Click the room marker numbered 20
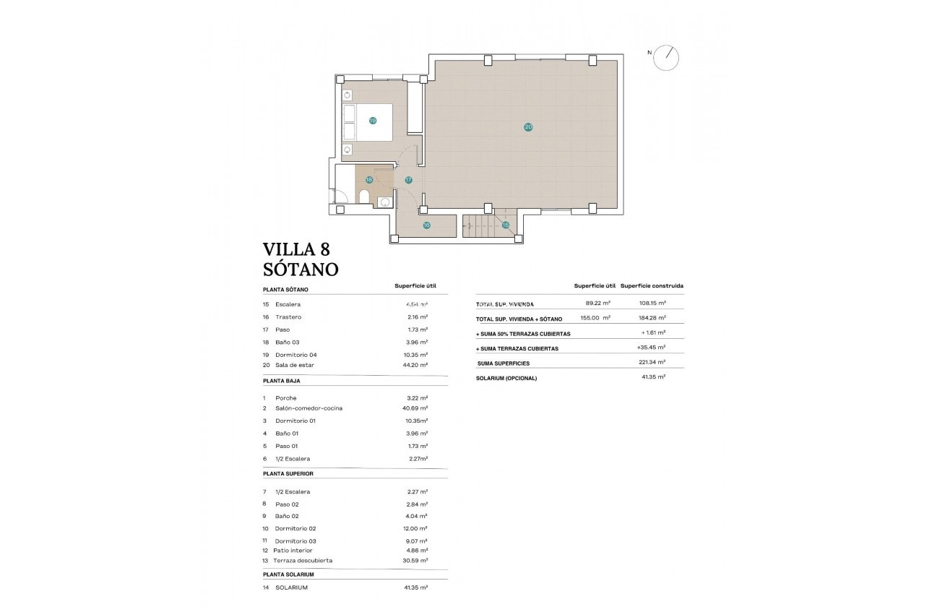click(528, 127)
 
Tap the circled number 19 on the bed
click(373, 121)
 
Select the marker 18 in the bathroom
click(369, 180)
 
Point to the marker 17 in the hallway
click(408, 180)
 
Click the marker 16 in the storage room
click(426, 225)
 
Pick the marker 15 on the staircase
click(506, 225)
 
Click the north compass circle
click(666, 58)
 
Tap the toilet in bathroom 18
click(364, 197)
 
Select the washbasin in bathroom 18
click(385, 202)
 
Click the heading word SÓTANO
click(301, 270)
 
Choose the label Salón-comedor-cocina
click(308, 408)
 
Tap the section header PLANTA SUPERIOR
click(288, 473)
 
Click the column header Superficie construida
click(652, 285)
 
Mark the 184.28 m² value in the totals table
click(652, 318)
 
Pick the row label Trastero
click(288, 317)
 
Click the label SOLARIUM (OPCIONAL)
click(506, 378)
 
